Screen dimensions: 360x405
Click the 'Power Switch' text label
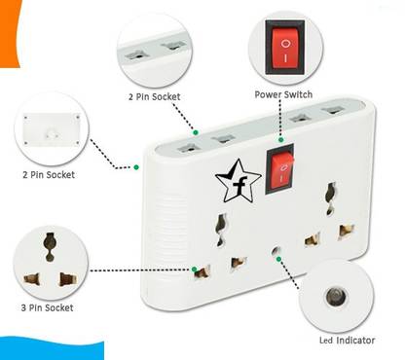pyautogui.click(x=282, y=94)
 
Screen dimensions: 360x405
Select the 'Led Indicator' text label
pyautogui.click(x=348, y=341)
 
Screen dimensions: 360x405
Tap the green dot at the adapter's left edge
pyautogui.click(x=136, y=167)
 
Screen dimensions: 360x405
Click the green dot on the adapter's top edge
pyautogui.click(x=196, y=130)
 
